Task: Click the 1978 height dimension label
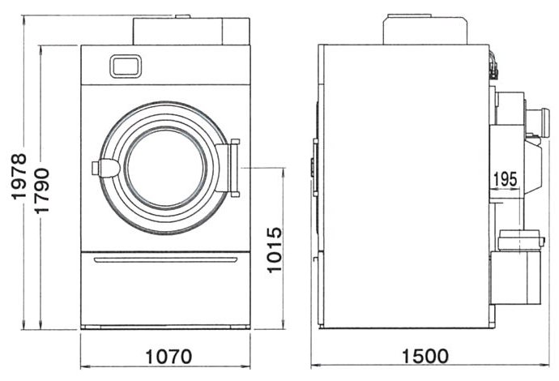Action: [19, 176]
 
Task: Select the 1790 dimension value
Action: [41, 190]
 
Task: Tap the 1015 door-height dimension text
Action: [275, 250]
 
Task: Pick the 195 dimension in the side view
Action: [506, 179]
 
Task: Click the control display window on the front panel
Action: [125, 66]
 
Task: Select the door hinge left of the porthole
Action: [106, 168]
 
